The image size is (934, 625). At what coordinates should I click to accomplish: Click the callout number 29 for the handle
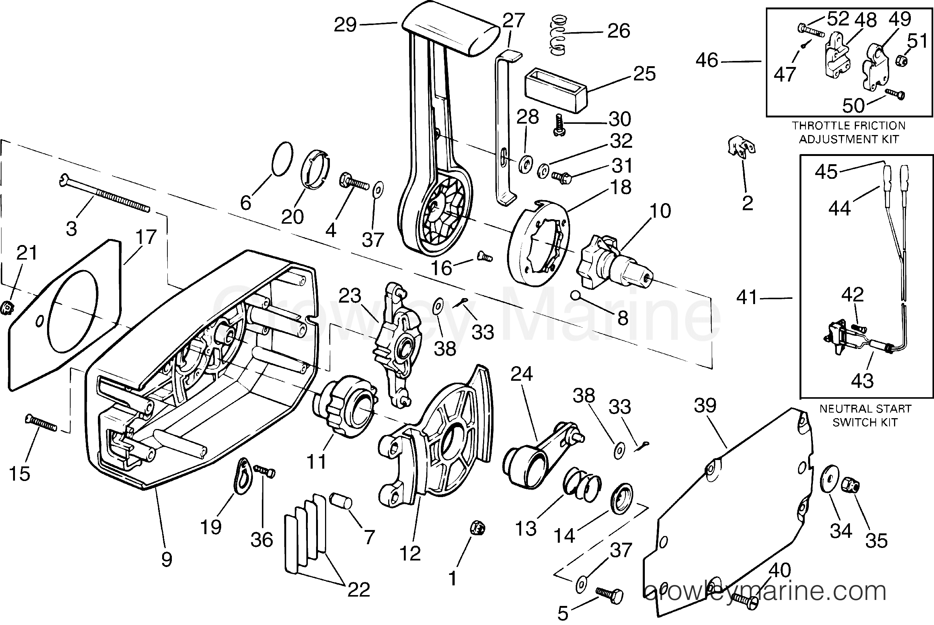345,25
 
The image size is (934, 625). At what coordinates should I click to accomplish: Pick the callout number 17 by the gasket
146,238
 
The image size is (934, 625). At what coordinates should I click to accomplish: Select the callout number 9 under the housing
167,559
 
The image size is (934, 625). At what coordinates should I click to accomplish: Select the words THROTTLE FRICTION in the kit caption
848,126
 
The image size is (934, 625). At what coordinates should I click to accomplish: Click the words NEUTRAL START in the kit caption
866,408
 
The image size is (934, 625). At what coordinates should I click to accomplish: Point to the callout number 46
707,60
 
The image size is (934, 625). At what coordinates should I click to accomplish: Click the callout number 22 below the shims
359,589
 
